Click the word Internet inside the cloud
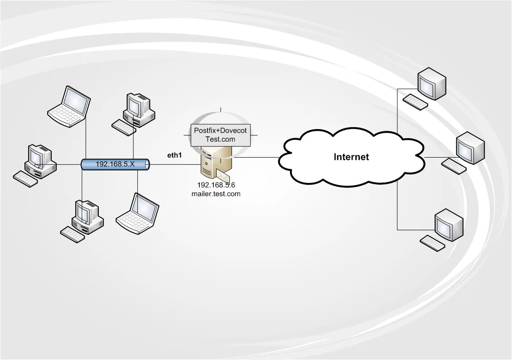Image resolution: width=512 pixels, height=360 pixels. pos(351,157)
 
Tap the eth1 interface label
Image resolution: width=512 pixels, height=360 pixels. pos(174,155)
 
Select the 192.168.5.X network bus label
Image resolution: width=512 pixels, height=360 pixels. pos(115,164)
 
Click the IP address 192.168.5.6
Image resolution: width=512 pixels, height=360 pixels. pos(216,185)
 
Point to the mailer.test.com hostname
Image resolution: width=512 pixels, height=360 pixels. pos(216,194)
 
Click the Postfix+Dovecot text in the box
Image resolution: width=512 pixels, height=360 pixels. pos(220,130)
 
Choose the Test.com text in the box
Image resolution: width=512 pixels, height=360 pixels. pos(220,139)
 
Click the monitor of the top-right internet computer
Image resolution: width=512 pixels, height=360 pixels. pos(431,84)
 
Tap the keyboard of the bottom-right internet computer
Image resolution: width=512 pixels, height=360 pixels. pos(432,243)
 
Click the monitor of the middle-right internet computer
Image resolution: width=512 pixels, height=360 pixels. pos(469,148)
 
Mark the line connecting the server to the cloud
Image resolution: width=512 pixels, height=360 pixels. pos(256,158)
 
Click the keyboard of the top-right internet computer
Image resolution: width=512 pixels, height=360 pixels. pos(415,102)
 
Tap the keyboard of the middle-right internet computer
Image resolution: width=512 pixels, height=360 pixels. pos(453,166)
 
